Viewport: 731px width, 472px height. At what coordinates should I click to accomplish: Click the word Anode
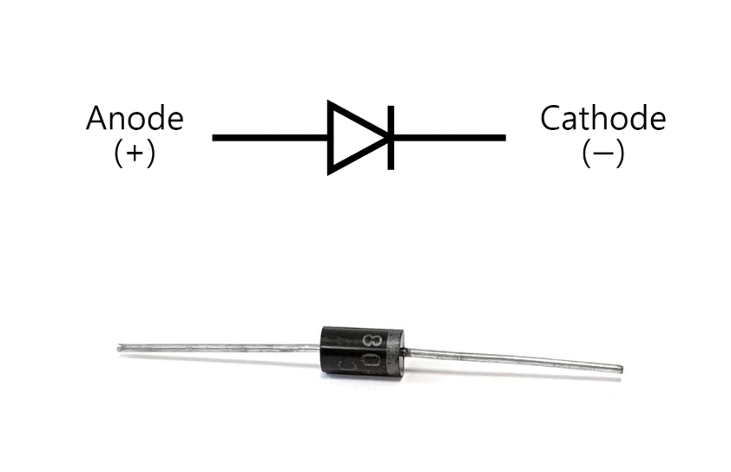135,119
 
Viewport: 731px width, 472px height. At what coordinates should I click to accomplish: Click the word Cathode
603,118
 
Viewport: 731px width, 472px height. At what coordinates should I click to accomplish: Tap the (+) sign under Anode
135,154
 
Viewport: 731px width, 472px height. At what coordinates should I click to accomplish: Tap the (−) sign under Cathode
603,154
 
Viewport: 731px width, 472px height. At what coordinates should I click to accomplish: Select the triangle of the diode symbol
352,137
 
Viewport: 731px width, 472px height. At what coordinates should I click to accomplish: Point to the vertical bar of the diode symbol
391,137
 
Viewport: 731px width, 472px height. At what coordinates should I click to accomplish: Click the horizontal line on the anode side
269,137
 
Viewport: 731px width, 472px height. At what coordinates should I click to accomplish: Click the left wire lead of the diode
217,349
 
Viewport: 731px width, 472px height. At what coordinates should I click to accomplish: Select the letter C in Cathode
551,118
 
